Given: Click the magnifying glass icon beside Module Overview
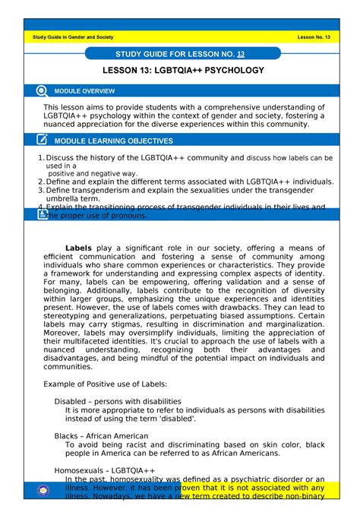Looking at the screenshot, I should [x=42, y=91].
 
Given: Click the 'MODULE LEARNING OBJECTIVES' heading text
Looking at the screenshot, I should [x=118, y=141].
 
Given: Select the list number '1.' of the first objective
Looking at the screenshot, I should [x=41, y=158].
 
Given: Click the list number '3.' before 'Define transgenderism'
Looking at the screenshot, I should [x=41, y=191].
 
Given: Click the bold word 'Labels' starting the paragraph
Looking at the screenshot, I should [x=78, y=248].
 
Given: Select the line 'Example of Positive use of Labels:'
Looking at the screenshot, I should [x=106, y=384].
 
